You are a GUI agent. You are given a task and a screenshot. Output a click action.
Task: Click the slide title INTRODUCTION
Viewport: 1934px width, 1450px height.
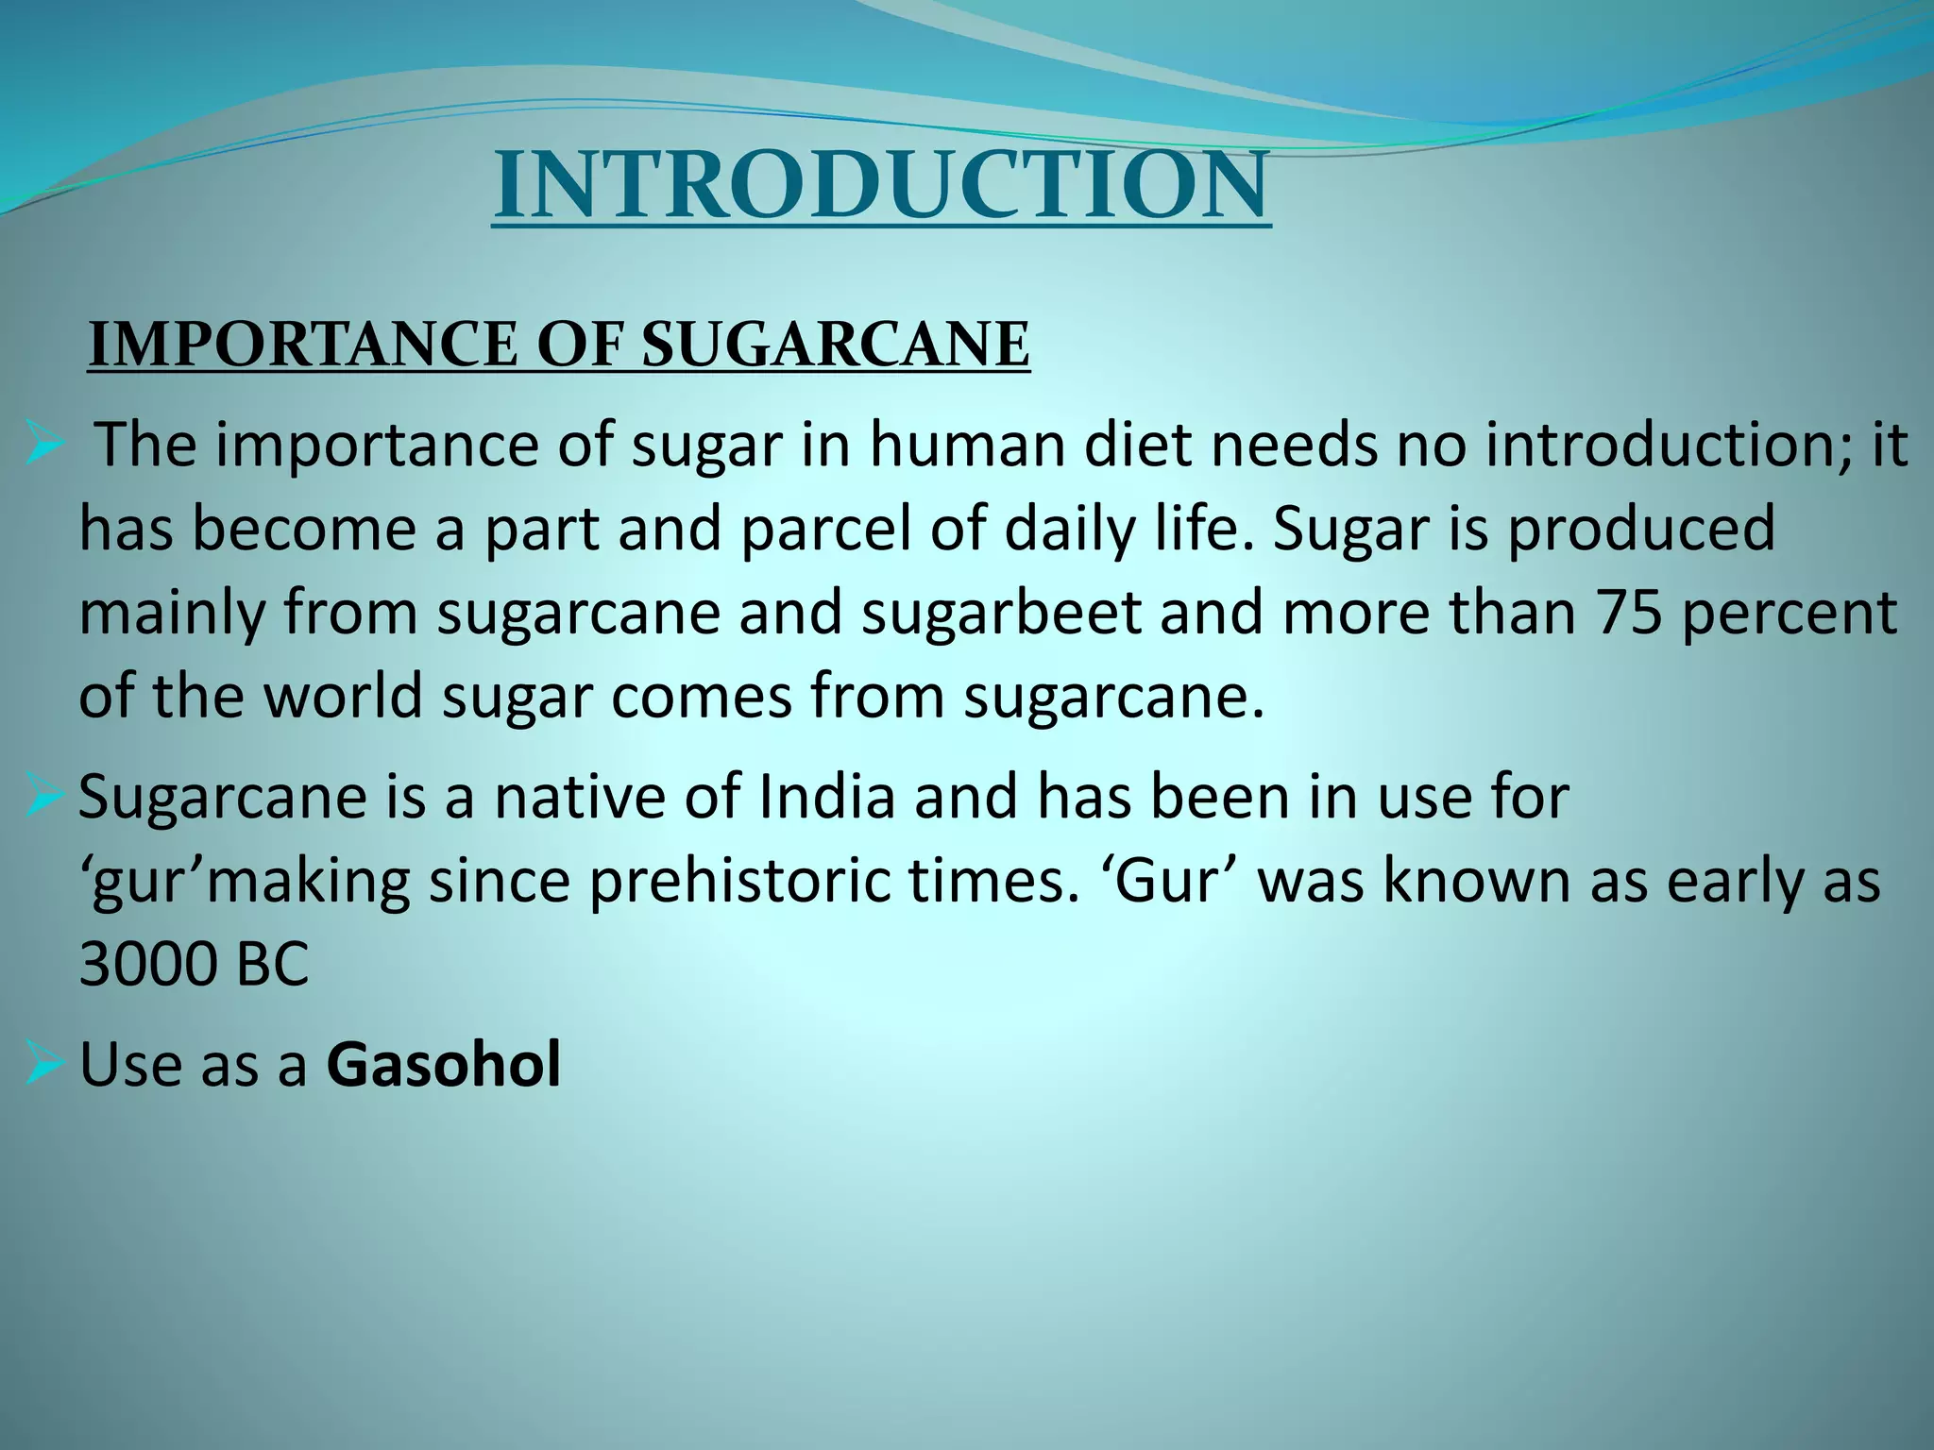882,186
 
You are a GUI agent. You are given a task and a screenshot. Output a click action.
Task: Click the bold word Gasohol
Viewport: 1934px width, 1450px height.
444,1065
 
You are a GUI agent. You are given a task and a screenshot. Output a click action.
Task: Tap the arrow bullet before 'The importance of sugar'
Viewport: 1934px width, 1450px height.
44,447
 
